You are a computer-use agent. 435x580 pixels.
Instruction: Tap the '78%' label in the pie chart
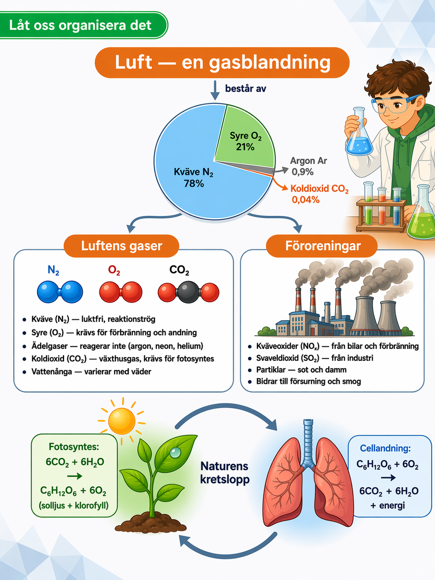194,183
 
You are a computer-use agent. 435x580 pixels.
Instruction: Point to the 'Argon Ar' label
308,161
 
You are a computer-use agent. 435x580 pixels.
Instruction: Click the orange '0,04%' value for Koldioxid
306,200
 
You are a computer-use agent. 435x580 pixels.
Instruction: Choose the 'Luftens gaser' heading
121,246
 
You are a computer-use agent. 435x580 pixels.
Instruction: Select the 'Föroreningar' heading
323,246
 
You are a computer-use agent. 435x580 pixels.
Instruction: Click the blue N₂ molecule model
60,292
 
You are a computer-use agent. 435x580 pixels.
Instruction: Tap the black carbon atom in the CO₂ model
188,292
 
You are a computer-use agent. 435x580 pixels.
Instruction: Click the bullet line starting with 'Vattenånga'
91,372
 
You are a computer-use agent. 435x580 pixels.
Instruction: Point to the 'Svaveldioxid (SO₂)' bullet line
314,358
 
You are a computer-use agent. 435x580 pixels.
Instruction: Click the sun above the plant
122,421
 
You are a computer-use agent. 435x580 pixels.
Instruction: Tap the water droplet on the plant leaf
175,452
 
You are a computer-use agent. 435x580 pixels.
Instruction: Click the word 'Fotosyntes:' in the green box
74,447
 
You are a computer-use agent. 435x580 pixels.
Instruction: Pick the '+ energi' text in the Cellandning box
388,505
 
